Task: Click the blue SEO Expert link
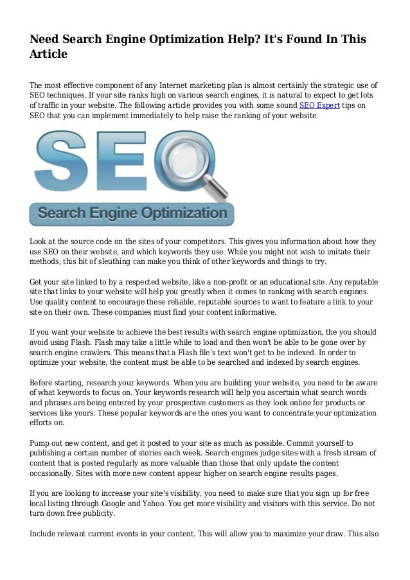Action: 319,106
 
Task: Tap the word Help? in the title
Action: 245,40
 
